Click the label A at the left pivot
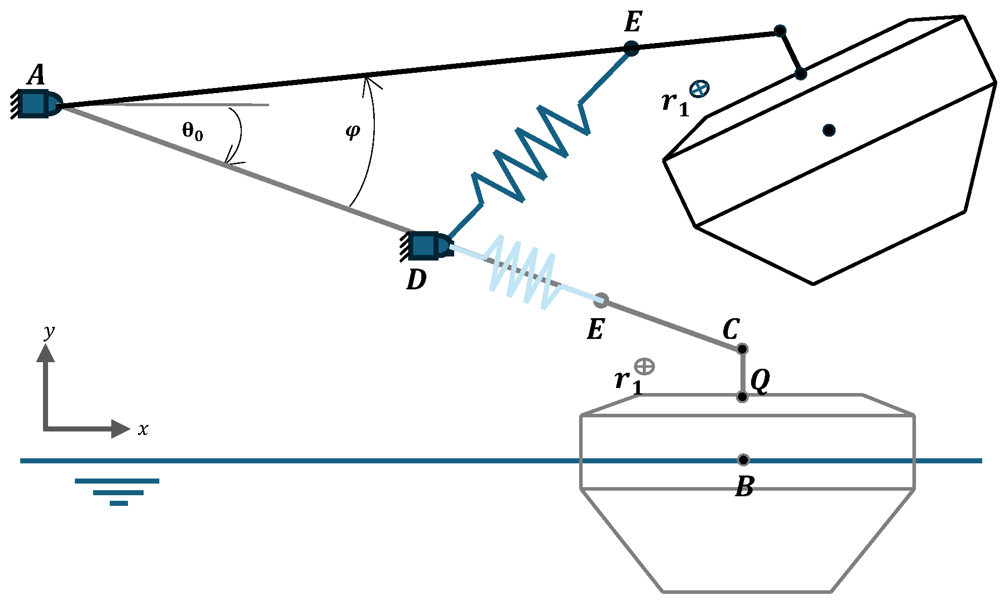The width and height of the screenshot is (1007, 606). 36,75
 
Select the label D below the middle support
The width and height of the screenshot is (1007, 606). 416,279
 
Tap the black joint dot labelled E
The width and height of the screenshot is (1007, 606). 631,48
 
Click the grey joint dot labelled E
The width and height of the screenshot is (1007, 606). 601,300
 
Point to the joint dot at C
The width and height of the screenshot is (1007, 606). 742,349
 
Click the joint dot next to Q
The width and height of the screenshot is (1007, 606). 742,397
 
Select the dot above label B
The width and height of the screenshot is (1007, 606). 743,460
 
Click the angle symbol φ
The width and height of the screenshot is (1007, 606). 353,131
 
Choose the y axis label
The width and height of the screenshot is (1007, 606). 49,332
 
